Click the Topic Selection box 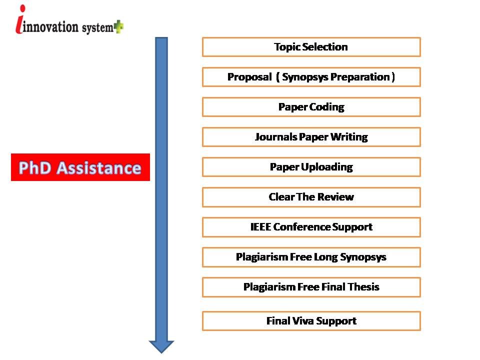[311, 47]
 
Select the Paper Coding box [311, 107]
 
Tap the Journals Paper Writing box [311, 137]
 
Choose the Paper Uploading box [311, 167]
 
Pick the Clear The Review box [311, 197]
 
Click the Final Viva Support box [311, 321]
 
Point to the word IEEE [260, 227]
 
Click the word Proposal [249, 77]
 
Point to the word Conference [301, 227]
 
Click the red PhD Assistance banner [80, 167]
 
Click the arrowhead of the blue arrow [161, 346]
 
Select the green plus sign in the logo [119, 26]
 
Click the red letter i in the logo [20, 19]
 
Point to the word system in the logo [97, 28]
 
